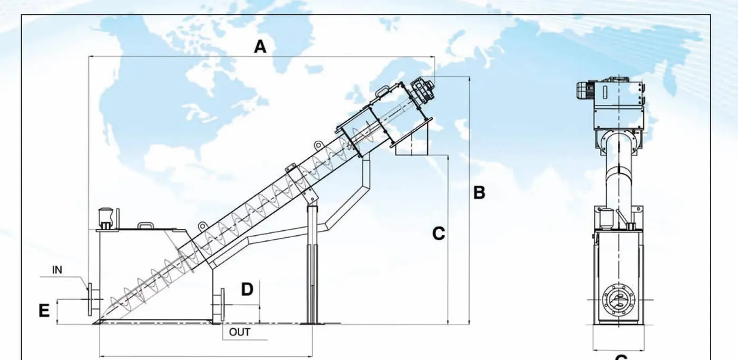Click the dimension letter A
pyautogui.click(x=260, y=47)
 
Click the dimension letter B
pyautogui.click(x=479, y=193)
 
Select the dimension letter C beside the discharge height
pyautogui.click(x=439, y=233)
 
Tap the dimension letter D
pyautogui.click(x=247, y=289)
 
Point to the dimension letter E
pyautogui.click(x=44, y=311)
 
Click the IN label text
pyautogui.click(x=57, y=270)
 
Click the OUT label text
pyautogui.click(x=239, y=333)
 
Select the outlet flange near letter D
pyautogui.click(x=219, y=304)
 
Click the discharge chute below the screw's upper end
pyautogui.click(x=412, y=141)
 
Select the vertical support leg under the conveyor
pyautogui.click(x=312, y=264)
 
